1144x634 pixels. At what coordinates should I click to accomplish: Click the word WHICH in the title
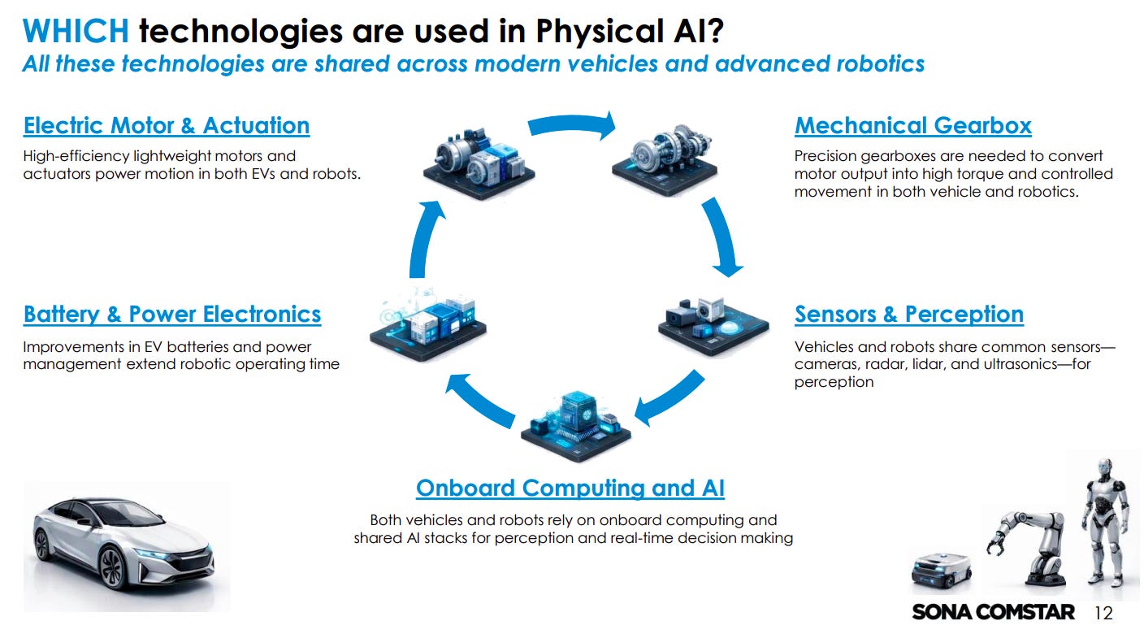[x=75, y=31]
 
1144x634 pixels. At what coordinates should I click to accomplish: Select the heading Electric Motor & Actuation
[x=167, y=126]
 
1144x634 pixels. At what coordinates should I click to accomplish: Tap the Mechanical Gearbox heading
[x=912, y=126]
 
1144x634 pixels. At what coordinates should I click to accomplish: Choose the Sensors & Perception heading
[x=908, y=315]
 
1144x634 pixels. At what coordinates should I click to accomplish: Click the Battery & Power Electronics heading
[x=172, y=315]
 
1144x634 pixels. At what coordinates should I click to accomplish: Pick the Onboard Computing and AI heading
[x=570, y=489]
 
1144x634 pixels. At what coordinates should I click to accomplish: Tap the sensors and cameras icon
[x=713, y=322]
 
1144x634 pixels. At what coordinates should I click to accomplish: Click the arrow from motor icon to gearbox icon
[x=572, y=126]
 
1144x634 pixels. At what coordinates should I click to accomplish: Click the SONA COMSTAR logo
[x=993, y=612]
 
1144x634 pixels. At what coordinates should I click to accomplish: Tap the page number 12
[x=1103, y=613]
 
